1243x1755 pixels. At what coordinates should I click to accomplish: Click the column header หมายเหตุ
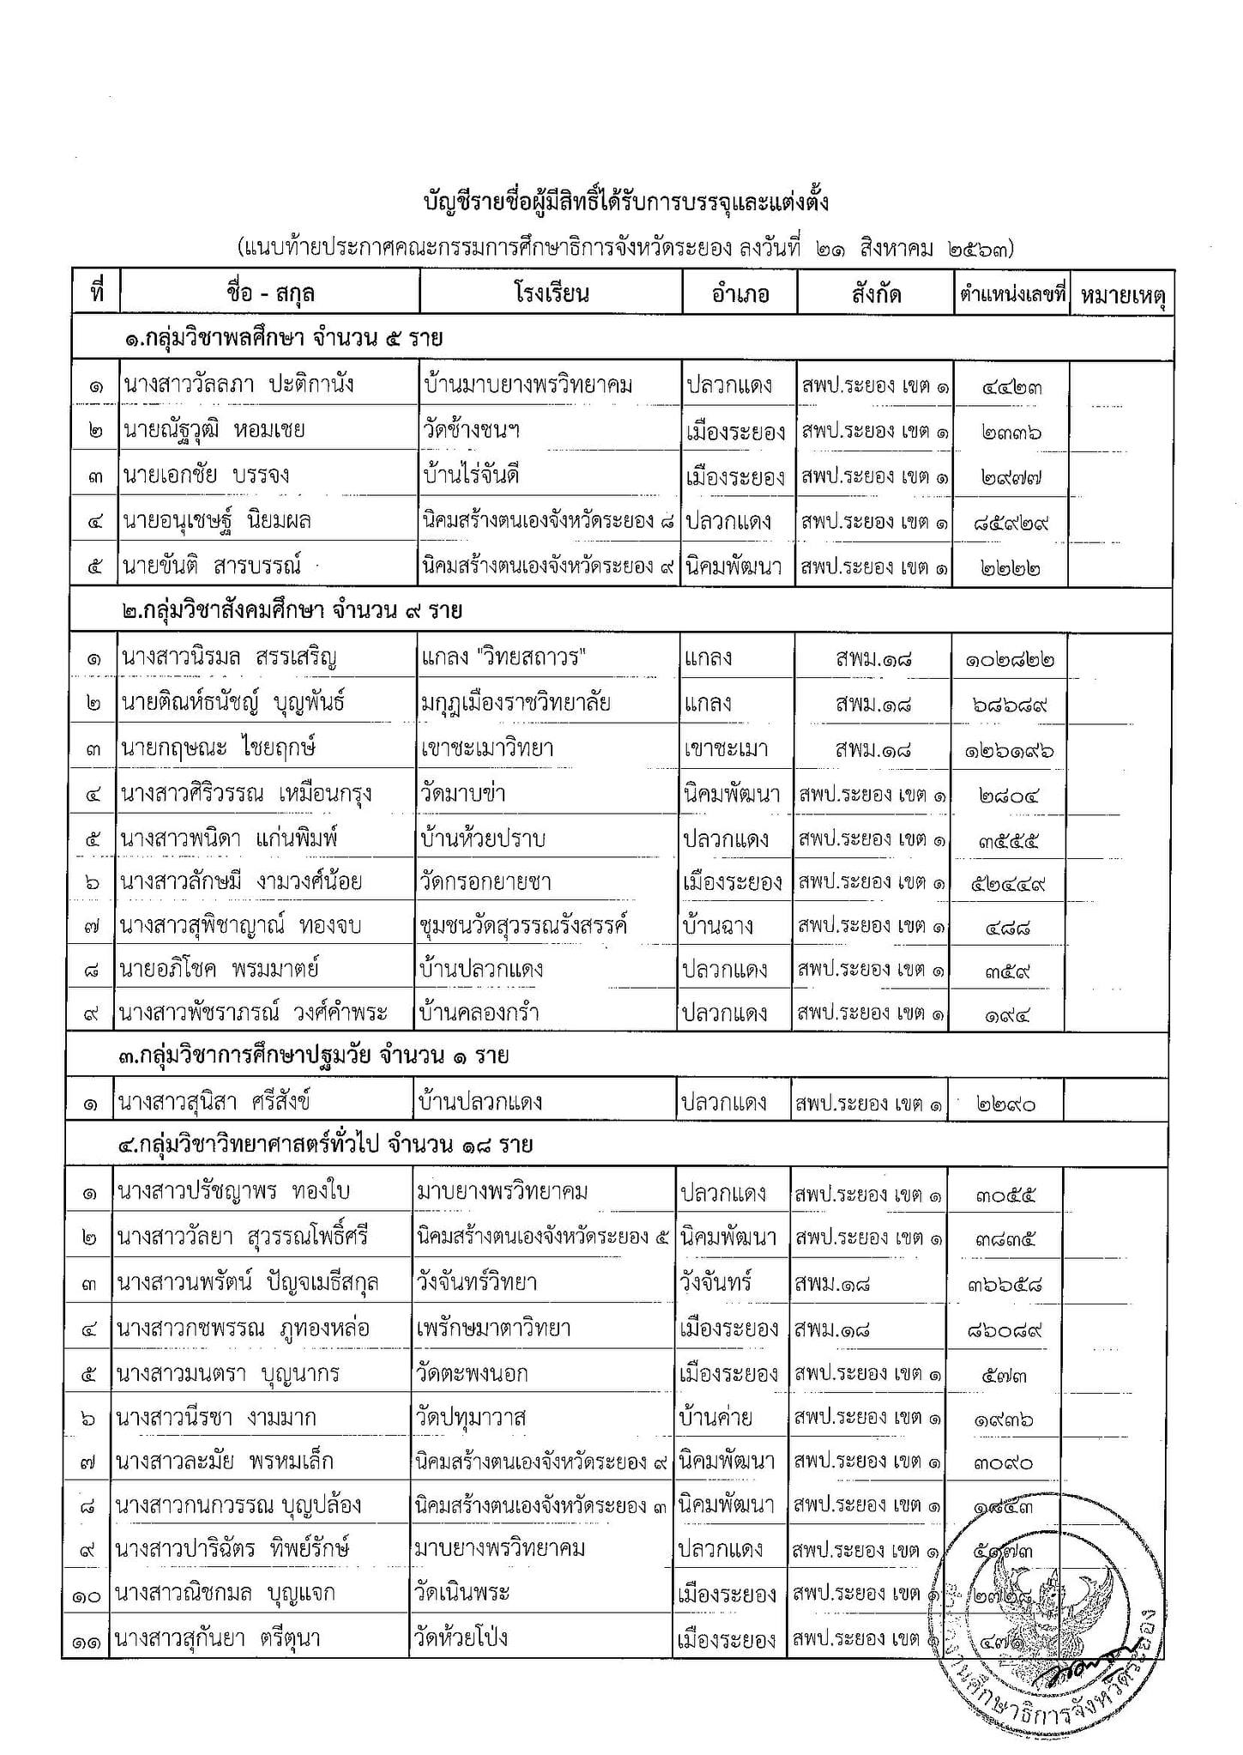click(1122, 294)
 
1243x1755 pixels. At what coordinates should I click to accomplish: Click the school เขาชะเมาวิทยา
click(486, 747)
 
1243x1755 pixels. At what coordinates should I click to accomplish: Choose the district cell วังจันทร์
click(715, 1283)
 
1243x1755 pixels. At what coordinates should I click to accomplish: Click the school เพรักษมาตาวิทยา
click(496, 1328)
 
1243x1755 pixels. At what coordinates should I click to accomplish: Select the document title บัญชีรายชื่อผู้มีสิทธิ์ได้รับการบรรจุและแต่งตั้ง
click(626, 203)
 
